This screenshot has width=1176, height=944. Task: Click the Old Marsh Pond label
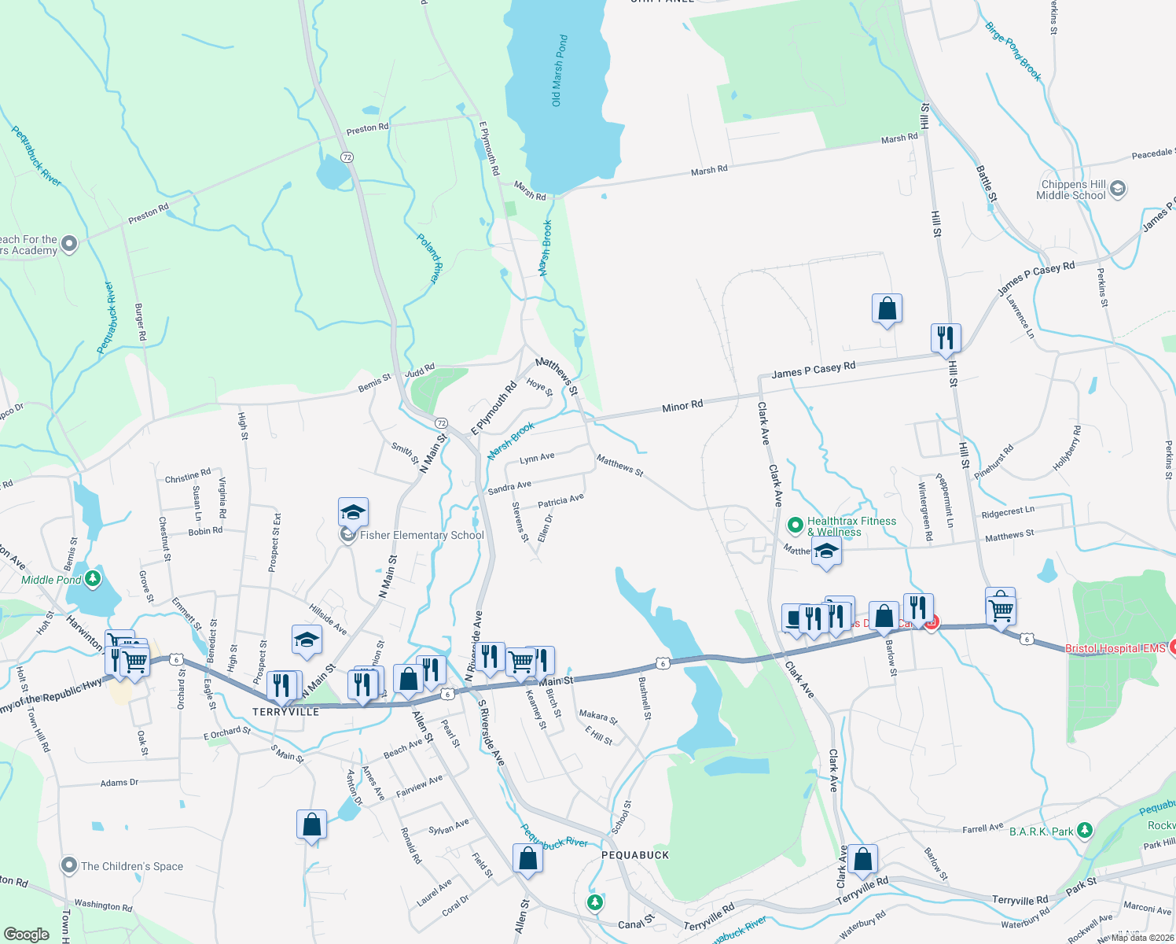point(559,71)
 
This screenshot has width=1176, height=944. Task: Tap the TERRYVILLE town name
point(286,712)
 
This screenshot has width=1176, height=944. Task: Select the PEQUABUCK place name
point(635,855)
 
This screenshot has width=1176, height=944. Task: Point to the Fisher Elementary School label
point(421,536)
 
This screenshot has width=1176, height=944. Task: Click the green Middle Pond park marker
point(94,580)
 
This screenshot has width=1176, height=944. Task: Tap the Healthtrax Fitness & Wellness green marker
point(795,524)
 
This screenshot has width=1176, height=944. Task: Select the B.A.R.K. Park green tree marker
point(1085,830)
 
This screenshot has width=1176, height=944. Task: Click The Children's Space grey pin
point(69,866)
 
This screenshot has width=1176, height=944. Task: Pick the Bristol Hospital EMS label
point(1115,648)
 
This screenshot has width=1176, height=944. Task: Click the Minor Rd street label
point(682,407)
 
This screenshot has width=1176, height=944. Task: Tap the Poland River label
point(428,258)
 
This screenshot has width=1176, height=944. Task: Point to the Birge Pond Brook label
point(1013,52)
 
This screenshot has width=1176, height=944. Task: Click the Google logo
point(27,935)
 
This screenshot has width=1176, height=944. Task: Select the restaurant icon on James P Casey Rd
point(945,337)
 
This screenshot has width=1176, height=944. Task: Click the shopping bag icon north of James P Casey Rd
point(887,309)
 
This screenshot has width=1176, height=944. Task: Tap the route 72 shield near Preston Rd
point(347,157)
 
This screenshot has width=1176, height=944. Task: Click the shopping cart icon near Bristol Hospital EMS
point(1001,609)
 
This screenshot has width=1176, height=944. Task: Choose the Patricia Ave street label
point(560,501)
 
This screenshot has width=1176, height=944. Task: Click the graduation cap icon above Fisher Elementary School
point(353,512)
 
